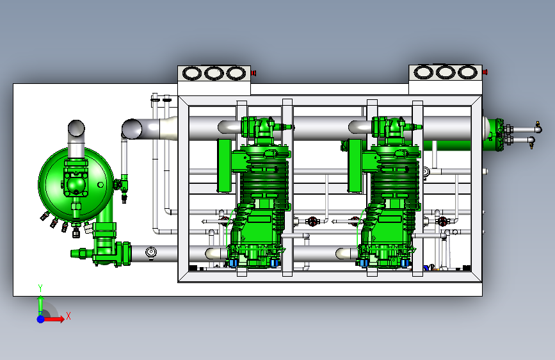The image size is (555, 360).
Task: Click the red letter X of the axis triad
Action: coord(68,316)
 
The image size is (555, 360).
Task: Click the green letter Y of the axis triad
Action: coord(40,288)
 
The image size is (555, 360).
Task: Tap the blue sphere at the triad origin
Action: coord(41,319)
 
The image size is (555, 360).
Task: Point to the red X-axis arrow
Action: coord(53,319)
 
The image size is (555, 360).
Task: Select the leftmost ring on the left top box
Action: coord(192,74)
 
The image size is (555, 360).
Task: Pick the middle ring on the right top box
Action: coord(446,72)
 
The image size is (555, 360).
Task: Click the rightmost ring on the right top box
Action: coord(467,72)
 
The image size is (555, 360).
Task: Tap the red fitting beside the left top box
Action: coord(253,74)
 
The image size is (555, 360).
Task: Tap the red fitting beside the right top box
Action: coord(485,72)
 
